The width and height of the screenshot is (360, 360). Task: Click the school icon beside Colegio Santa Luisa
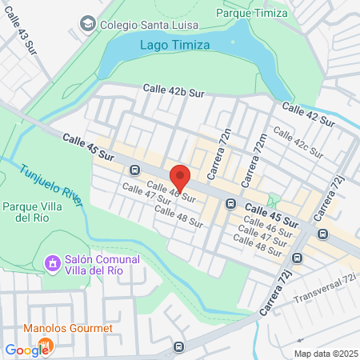(89, 23)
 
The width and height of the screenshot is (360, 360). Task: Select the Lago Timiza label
(174, 45)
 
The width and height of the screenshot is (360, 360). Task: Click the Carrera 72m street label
(258, 156)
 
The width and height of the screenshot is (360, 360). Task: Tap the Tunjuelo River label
(51, 185)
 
